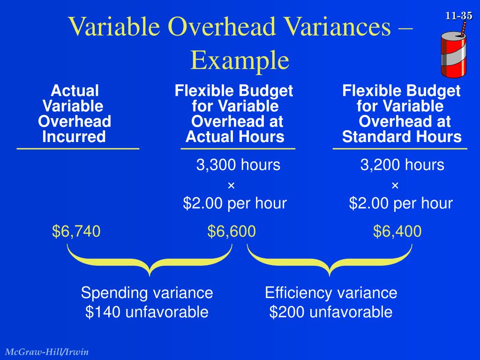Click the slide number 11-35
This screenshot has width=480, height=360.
459,16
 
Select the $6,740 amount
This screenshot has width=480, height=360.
76,231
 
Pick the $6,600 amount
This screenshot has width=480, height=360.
232,231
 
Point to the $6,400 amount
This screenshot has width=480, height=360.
397,231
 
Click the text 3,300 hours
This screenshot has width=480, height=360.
238,165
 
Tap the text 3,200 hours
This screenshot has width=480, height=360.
402,165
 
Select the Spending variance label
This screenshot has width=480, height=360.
147,293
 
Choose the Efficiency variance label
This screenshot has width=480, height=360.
331,293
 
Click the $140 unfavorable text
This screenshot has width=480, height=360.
147,312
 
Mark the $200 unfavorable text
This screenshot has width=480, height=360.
331,312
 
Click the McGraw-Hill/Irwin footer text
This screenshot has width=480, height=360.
47,352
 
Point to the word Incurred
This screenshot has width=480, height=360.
74,137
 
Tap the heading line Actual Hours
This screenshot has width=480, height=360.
235,137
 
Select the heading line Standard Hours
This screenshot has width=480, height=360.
402,137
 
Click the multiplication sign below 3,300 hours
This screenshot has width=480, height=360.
231,186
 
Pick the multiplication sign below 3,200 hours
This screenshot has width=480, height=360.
395,186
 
